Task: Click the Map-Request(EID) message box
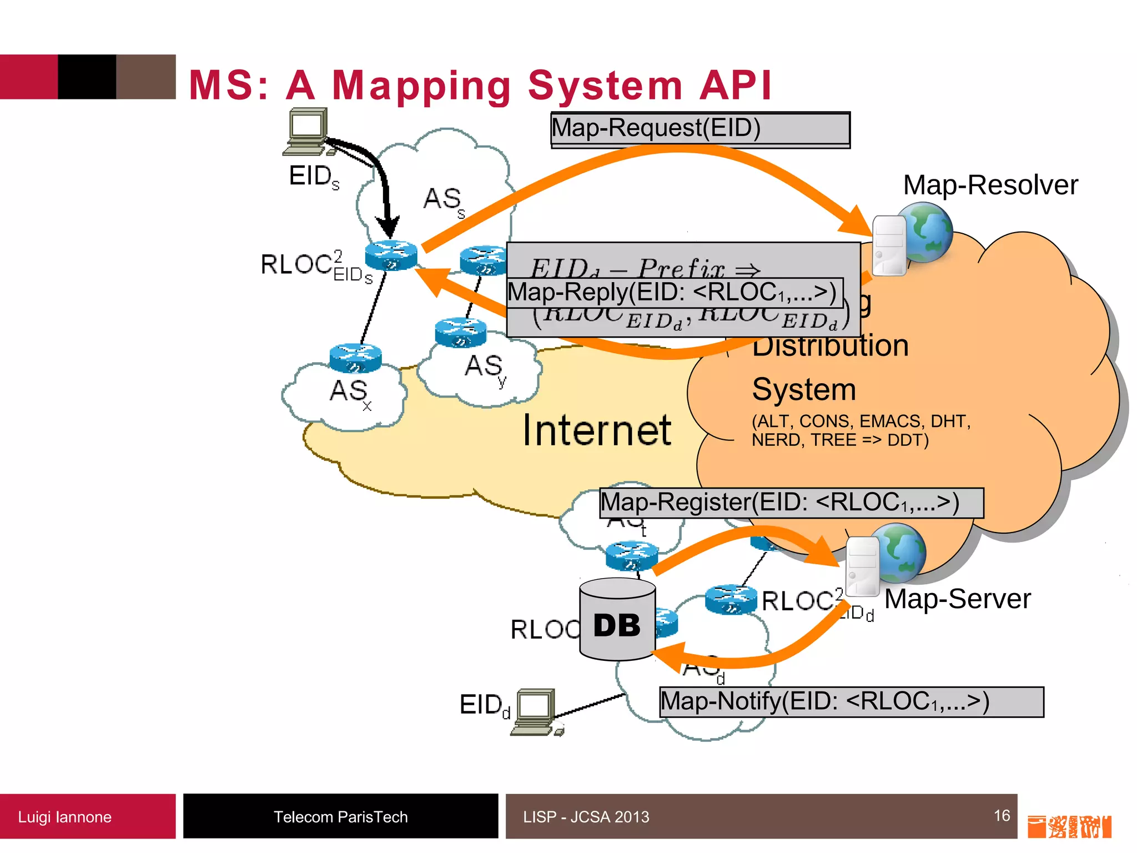(700, 129)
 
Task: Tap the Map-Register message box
(791, 503)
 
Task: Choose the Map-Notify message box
(851, 702)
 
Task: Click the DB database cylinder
(617, 620)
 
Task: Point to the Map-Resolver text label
(990, 185)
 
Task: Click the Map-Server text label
(957, 599)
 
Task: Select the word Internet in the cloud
(597, 430)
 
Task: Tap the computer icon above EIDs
(307, 131)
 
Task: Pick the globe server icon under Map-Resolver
(912, 238)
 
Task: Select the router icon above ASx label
(355, 358)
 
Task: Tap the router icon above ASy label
(460, 333)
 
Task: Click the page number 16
(1002, 816)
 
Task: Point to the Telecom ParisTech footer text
(340, 817)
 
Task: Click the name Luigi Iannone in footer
(64, 817)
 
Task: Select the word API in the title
(736, 86)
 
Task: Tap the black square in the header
(87, 77)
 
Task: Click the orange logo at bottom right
(1069, 826)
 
